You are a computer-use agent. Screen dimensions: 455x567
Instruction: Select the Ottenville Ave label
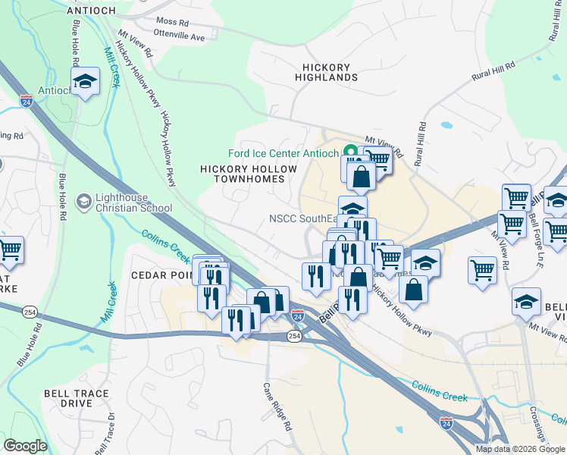[x=179, y=36]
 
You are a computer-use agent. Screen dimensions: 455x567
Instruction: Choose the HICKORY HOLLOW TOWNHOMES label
[x=243, y=174]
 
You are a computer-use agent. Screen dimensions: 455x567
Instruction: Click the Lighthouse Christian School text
[x=128, y=202]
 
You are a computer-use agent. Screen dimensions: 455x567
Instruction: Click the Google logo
[x=25, y=446]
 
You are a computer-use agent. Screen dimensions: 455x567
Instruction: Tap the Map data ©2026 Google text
[x=520, y=449]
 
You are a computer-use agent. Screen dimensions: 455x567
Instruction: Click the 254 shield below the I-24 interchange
[x=295, y=335]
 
